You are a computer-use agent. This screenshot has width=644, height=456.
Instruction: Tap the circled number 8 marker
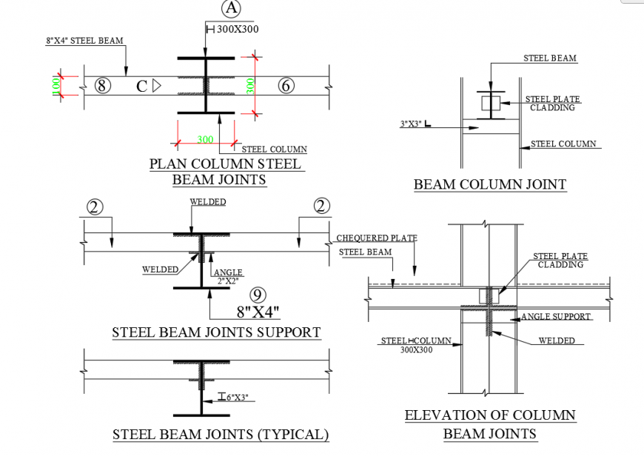click(x=103, y=86)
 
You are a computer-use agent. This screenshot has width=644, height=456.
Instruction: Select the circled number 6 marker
click(x=286, y=86)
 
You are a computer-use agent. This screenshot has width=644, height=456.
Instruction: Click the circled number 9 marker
click(x=258, y=295)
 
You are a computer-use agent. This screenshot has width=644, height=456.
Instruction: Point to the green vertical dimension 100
click(x=56, y=86)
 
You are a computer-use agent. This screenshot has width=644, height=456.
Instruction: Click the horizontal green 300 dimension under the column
click(x=205, y=139)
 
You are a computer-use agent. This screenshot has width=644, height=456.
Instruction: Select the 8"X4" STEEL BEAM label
click(x=84, y=41)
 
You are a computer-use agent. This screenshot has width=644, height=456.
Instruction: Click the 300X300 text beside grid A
click(x=237, y=29)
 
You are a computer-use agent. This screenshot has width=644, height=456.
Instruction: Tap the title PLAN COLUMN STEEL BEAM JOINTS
click(x=226, y=172)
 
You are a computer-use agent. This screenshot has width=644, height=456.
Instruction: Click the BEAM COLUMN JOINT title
click(x=489, y=184)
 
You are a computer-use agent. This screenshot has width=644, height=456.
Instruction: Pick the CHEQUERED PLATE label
click(x=376, y=238)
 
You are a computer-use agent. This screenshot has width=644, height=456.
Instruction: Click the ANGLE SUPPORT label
click(x=556, y=317)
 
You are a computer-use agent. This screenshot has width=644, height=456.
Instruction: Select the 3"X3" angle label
click(x=412, y=124)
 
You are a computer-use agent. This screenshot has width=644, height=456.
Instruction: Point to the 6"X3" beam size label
click(x=238, y=398)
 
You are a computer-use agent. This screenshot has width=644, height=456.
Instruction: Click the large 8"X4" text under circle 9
click(x=258, y=312)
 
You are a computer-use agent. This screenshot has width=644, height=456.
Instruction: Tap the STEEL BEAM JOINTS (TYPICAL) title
click(x=221, y=435)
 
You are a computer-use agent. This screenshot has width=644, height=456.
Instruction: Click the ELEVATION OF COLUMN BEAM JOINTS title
click(x=490, y=425)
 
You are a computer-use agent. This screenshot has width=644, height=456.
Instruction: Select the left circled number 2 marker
click(x=95, y=207)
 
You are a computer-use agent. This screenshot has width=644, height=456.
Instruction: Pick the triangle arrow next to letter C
click(x=156, y=86)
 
